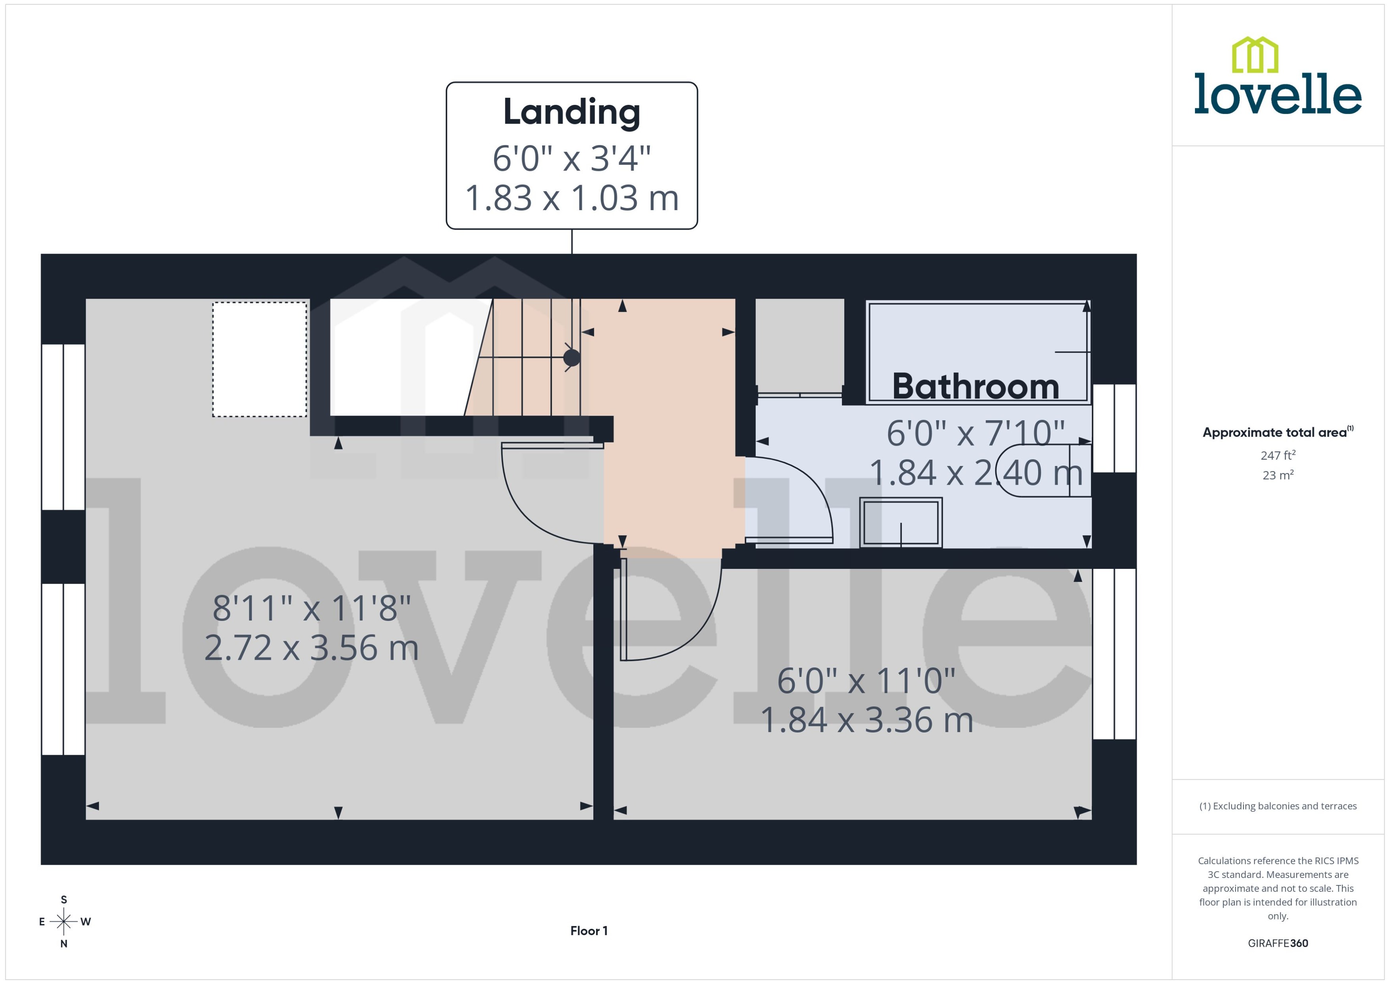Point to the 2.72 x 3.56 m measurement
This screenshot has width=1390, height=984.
pyautogui.click(x=311, y=648)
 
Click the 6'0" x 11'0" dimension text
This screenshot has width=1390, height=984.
pyautogui.click(x=866, y=680)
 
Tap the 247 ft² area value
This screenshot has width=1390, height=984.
pyautogui.click(x=1278, y=455)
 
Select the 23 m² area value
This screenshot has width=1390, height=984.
pyautogui.click(x=1278, y=475)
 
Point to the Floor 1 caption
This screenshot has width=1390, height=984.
pyautogui.click(x=589, y=931)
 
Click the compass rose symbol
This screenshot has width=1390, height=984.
pyautogui.click(x=64, y=922)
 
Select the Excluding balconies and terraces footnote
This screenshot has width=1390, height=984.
pyautogui.click(x=1278, y=806)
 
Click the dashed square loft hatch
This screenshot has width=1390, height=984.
pyautogui.click(x=259, y=359)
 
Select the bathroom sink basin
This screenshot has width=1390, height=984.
pyautogui.click(x=901, y=522)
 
